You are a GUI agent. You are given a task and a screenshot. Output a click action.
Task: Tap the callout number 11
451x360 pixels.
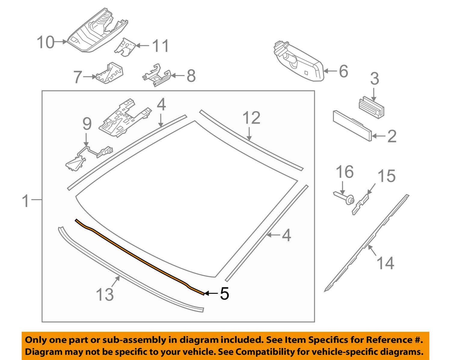click(160, 46)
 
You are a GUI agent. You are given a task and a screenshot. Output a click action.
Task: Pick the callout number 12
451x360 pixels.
click(251, 118)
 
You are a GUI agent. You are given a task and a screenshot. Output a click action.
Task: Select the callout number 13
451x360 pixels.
click(105, 294)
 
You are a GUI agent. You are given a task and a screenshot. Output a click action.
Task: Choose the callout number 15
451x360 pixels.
click(386, 176)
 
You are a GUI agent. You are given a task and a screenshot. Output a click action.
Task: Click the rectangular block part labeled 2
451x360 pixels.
click(352, 125)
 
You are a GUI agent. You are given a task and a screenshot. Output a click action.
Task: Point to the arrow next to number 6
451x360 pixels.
click(330, 71)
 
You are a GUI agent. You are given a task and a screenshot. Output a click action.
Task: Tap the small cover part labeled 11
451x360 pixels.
click(126, 48)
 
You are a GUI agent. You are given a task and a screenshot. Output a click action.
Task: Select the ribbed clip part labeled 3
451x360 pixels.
click(372, 107)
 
